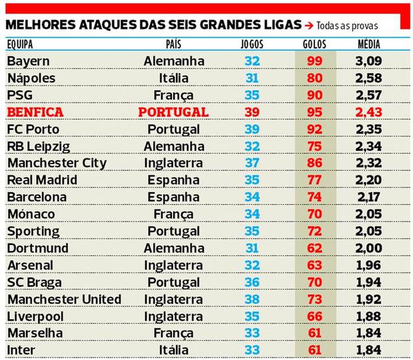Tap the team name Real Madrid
coord(42,180)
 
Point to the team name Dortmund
coord(33,248)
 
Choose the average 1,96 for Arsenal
coord(368,265)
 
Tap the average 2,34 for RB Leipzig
coord(368,146)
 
